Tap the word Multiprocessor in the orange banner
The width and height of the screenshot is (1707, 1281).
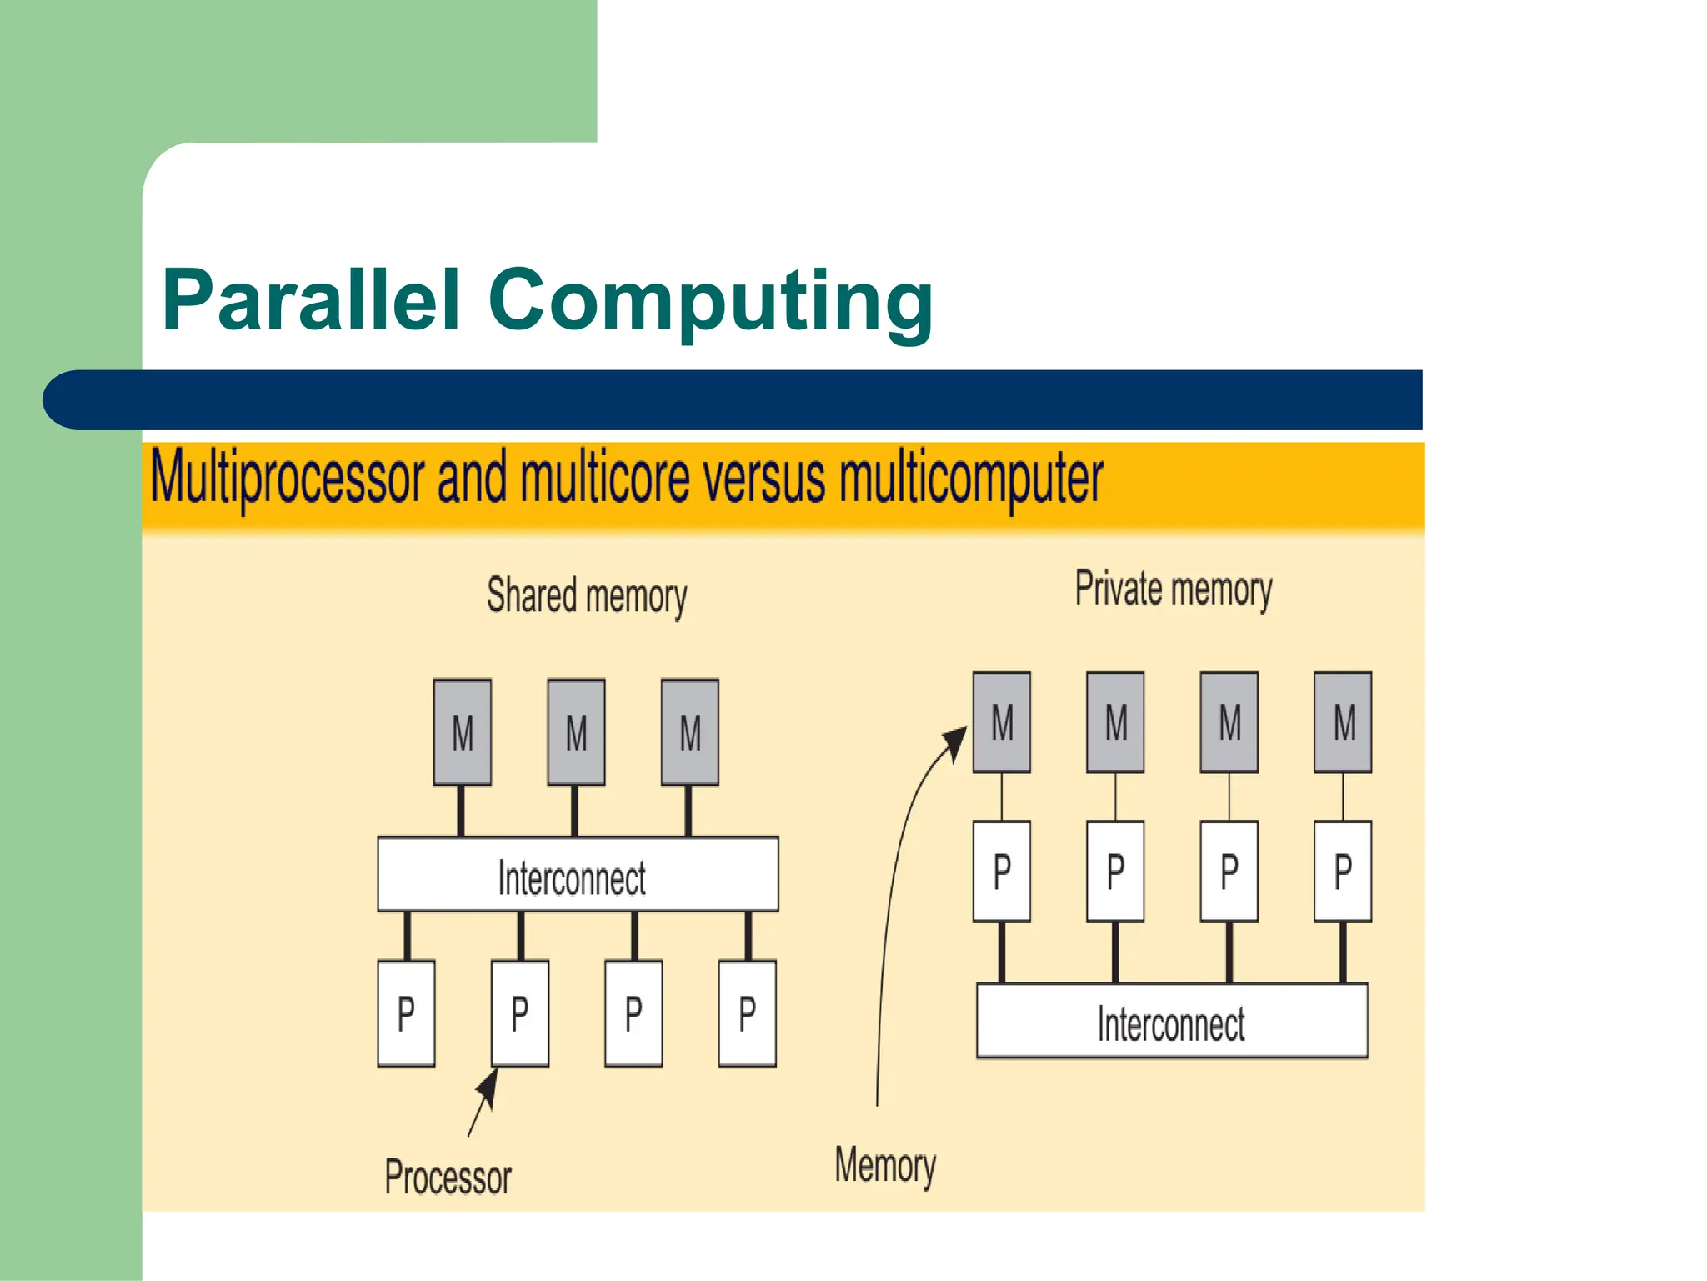pyautogui.click(x=288, y=479)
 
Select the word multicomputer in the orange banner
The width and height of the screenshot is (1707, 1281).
pyautogui.click(x=971, y=479)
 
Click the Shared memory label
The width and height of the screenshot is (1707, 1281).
pyautogui.click(x=587, y=596)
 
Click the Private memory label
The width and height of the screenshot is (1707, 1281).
pyautogui.click(x=1173, y=589)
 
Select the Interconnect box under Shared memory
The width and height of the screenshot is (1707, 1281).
pyautogui.click(x=578, y=874)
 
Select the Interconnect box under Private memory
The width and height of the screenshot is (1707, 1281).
pyautogui.click(x=1172, y=1021)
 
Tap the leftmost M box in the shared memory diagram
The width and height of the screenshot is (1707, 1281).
pyautogui.click(x=463, y=732)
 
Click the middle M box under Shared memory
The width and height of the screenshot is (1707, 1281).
pyautogui.click(x=576, y=732)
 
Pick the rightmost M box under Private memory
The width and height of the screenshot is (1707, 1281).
pyautogui.click(x=1343, y=722)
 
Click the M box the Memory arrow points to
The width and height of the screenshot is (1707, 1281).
pyautogui.click(x=1002, y=722)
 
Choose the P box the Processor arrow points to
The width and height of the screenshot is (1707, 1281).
pyautogui.click(x=520, y=1013)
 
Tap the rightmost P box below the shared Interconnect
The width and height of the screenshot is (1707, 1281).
pyautogui.click(x=748, y=1013)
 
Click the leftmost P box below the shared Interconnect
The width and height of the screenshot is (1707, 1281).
pyautogui.click(x=406, y=1013)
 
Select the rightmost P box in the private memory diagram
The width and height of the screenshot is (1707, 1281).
pyautogui.click(x=1343, y=871)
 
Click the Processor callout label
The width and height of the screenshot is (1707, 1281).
pyautogui.click(x=448, y=1177)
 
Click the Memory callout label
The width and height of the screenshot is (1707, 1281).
pyautogui.click(x=885, y=1165)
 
